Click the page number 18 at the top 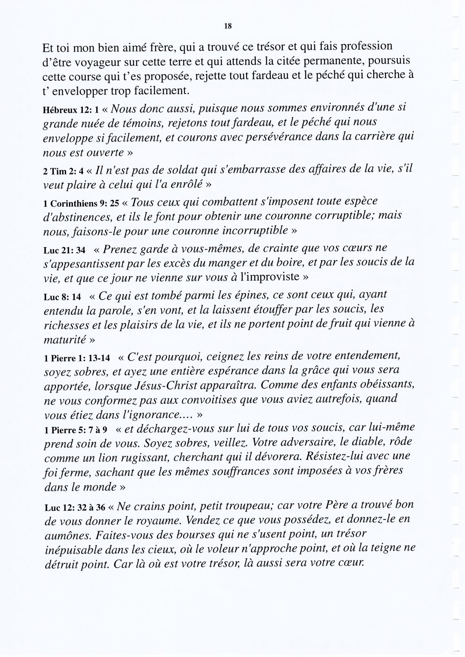pos(228,26)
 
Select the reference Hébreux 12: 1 pos(67,110)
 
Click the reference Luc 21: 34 pos(62,250)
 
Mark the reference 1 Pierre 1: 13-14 pos(77,358)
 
